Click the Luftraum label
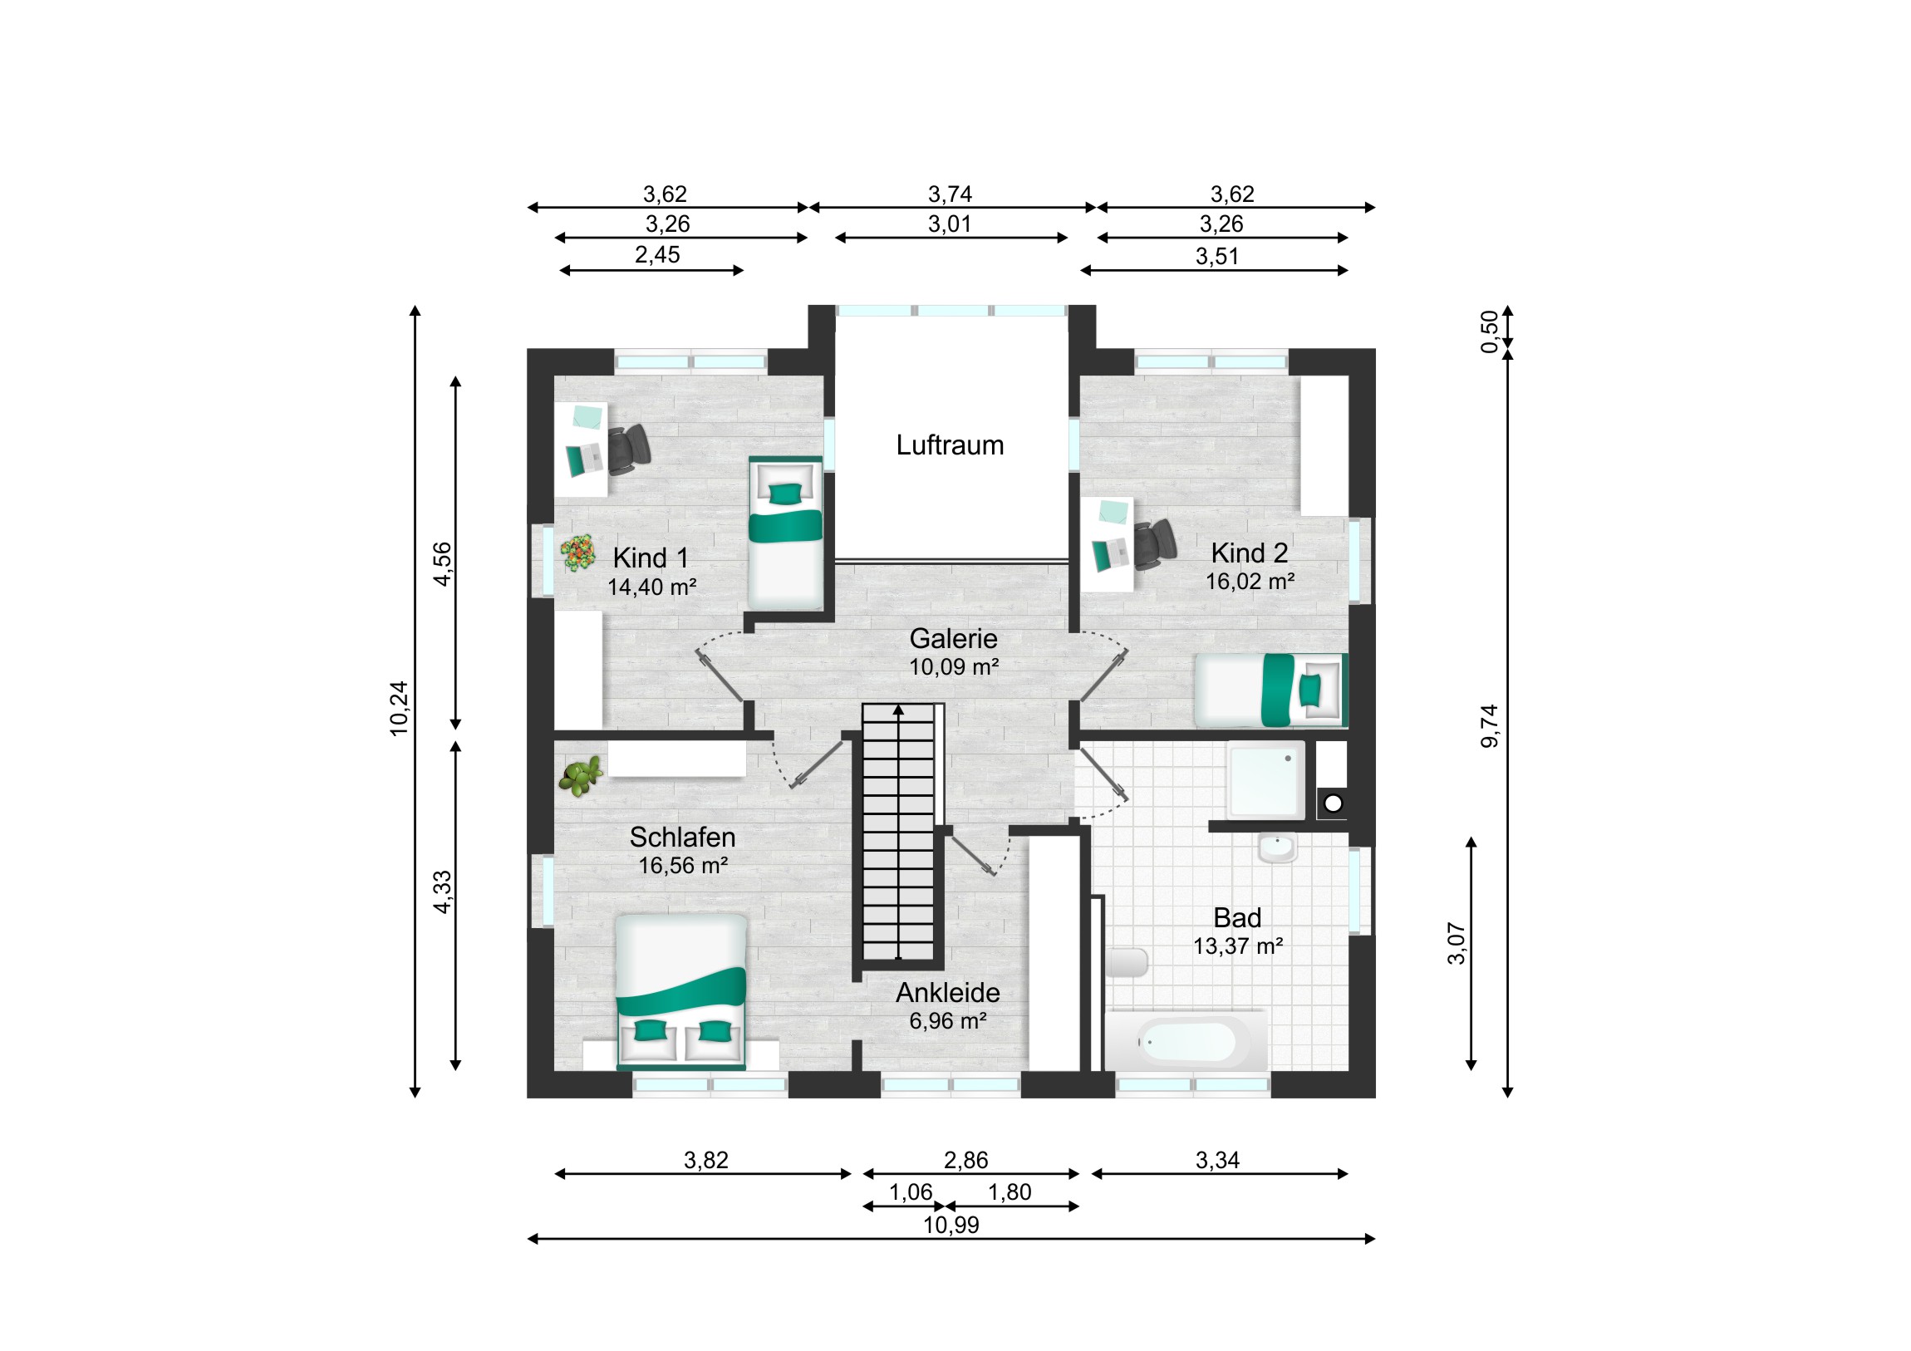point(950,445)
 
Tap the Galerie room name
point(953,638)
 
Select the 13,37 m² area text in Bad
point(1238,946)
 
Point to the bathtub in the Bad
point(1186,1041)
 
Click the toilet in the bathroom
point(1127,962)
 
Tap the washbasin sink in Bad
point(1277,848)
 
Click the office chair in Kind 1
point(627,449)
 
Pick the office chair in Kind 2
point(1153,543)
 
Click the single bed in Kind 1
point(785,533)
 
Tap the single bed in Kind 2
point(1270,690)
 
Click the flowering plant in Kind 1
point(577,553)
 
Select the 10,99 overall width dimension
point(951,1225)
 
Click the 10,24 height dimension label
point(399,709)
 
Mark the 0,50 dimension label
point(1489,332)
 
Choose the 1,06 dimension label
point(911,1192)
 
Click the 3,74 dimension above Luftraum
point(950,194)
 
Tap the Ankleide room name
point(948,993)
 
